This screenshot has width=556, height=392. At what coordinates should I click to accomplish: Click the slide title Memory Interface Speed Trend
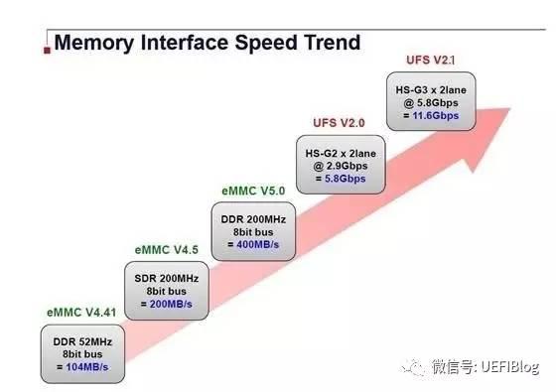pyautogui.click(x=206, y=43)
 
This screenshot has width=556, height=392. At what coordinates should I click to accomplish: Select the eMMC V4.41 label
pyautogui.click(x=83, y=313)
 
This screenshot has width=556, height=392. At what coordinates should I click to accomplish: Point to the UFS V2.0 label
pyautogui.click(x=340, y=123)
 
